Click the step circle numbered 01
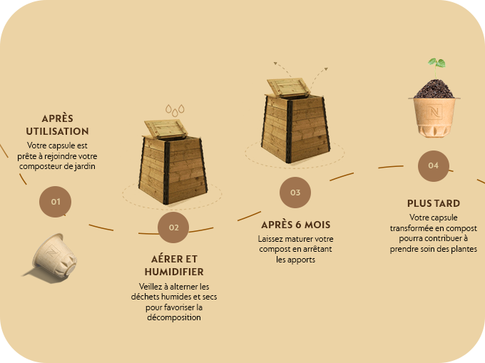pyautogui.click(x=56, y=202)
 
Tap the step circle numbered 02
pyautogui.click(x=173, y=227)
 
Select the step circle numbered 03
pyautogui.click(x=295, y=193)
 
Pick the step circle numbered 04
pyautogui.click(x=434, y=165)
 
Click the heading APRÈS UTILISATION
pyautogui.click(x=58, y=125)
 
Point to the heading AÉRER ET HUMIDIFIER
pyautogui.click(x=174, y=265)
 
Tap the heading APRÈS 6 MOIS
pyautogui.click(x=296, y=225)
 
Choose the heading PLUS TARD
pyautogui.click(x=434, y=203)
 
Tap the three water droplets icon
pyautogui.click(x=175, y=111)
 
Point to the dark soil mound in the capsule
pyautogui.click(x=434, y=89)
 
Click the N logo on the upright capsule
pyautogui.click(x=435, y=111)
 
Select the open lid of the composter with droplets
pyautogui.click(x=165, y=128)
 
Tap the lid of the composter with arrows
pyautogui.click(x=288, y=87)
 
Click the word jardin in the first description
pyautogui.click(x=84, y=166)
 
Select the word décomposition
pyautogui.click(x=174, y=317)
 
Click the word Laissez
pyautogui.click(x=270, y=239)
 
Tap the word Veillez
pyautogui.click(x=150, y=286)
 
